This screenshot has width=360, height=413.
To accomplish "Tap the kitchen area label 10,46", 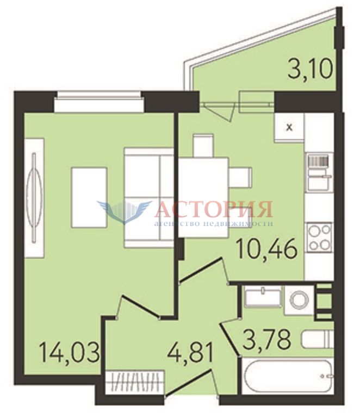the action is click(x=267, y=249).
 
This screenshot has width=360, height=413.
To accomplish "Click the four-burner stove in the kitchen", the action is click(x=320, y=236).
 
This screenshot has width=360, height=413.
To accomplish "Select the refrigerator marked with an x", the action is click(x=289, y=128).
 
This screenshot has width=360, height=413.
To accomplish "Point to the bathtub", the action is click(x=288, y=377).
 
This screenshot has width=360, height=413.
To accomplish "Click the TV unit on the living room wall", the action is click(x=34, y=198).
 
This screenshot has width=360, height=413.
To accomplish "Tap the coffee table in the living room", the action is click(x=89, y=198).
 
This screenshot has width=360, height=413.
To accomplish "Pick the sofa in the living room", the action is click(x=149, y=198).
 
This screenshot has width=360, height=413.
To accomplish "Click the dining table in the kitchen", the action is click(x=203, y=197).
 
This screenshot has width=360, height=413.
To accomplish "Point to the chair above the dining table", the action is click(x=203, y=146).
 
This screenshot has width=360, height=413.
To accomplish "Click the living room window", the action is click(x=100, y=102).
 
